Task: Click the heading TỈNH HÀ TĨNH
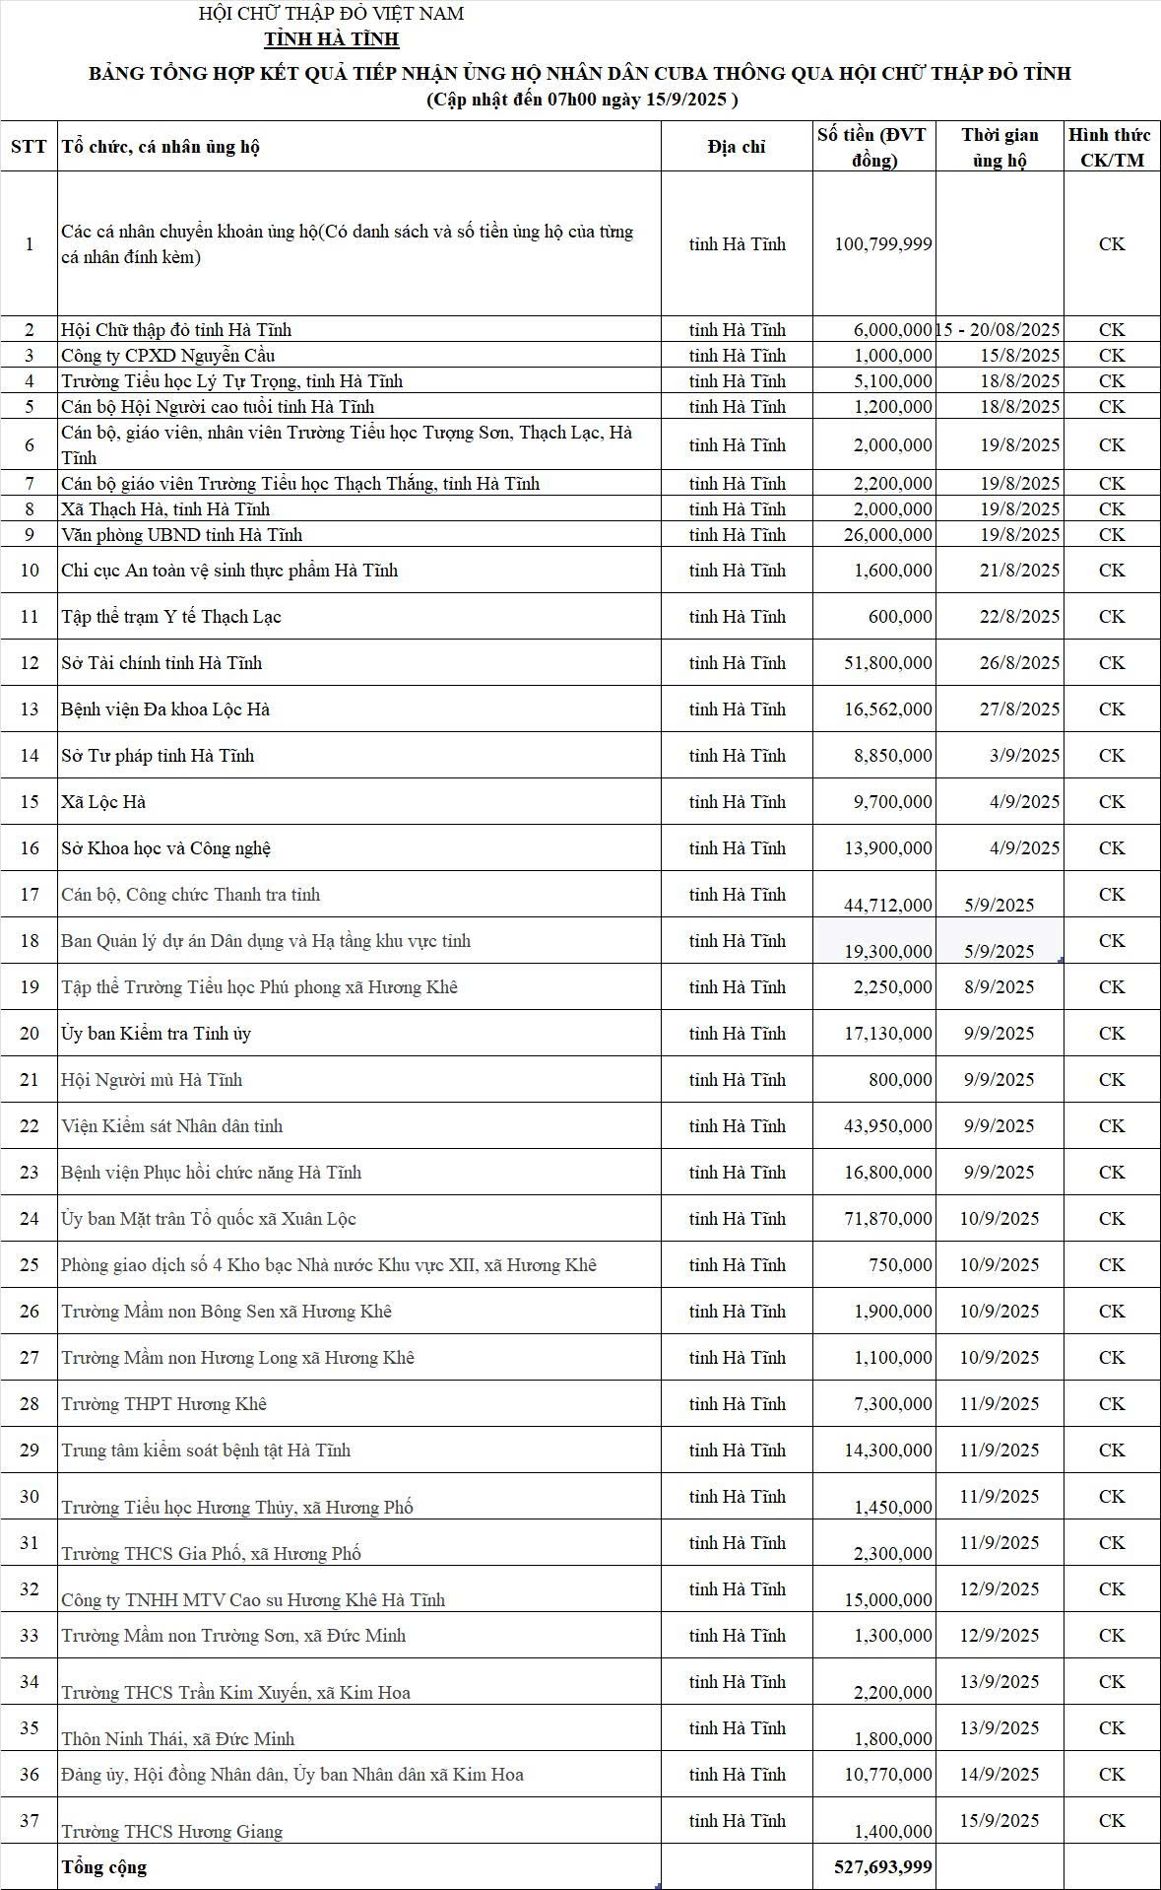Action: coord(332,39)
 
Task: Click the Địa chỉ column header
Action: coord(737,147)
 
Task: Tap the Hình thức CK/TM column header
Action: coord(1111,147)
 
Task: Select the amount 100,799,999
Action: coord(882,243)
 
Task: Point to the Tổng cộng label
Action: coord(104,1866)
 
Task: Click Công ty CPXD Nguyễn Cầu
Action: coord(168,355)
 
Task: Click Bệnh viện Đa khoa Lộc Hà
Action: coord(165,709)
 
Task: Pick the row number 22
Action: coord(30,1125)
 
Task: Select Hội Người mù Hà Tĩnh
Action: coord(152,1079)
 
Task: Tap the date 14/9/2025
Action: coord(999,1774)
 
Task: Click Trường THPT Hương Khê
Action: coord(164,1403)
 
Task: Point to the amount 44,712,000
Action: coord(887,905)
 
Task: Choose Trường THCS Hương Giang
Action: coord(172,1831)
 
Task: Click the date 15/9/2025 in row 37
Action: coord(999,1820)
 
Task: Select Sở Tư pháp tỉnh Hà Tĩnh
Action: coord(158,755)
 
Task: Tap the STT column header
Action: coord(29,147)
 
